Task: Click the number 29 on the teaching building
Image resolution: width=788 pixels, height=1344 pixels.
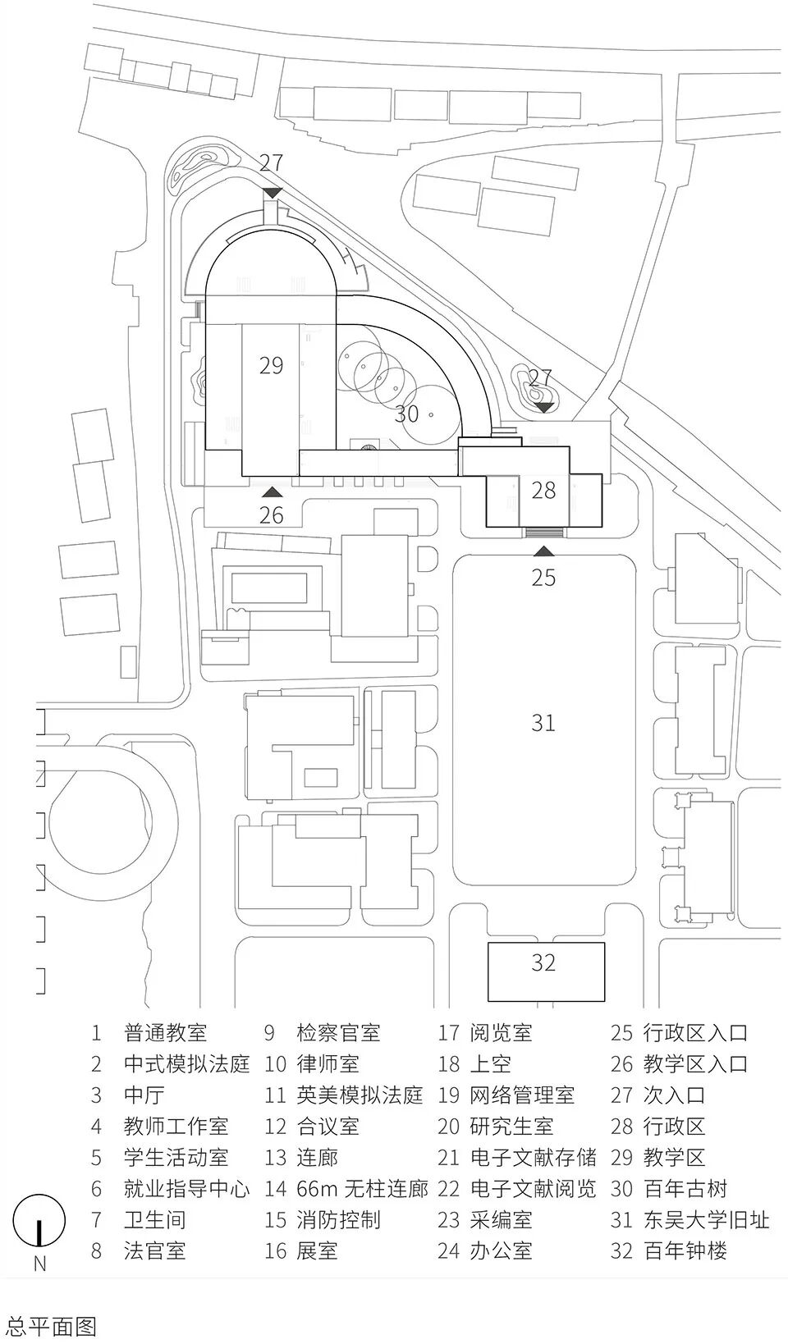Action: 271,365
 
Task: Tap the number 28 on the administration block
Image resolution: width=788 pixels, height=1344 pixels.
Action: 543,490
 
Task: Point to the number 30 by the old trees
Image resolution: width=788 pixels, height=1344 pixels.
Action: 406,414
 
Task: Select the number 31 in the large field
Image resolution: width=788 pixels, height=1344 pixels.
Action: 543,722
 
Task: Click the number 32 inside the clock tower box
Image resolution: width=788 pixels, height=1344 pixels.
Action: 543,962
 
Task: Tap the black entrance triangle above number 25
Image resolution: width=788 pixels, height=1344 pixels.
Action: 543,552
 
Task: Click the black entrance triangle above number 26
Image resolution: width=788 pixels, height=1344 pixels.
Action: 272,492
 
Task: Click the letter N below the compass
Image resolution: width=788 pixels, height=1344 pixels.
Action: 39,1264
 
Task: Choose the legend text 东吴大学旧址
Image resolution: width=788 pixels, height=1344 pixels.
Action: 707,1219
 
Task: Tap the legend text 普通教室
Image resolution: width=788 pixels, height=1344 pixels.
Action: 166,1033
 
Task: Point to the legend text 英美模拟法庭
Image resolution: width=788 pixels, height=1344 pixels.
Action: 360,1095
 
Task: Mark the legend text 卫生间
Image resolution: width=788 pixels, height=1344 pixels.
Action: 155,1219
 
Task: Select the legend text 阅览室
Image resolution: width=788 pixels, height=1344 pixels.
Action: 502,1033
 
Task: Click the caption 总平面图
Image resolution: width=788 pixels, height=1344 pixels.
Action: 51,1326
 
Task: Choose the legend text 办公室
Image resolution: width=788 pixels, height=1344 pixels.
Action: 502,1250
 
